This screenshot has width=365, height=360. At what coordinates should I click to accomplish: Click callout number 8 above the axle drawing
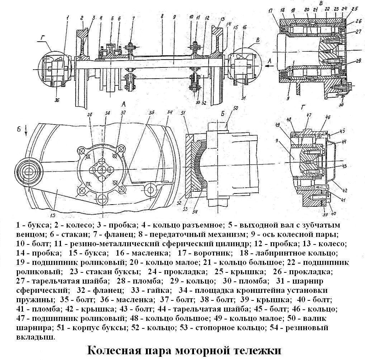(x=162, y=17)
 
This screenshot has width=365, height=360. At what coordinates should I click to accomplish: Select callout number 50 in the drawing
(x=236, y=108)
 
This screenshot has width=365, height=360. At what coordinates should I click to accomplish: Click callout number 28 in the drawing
(x=90, y=114)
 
